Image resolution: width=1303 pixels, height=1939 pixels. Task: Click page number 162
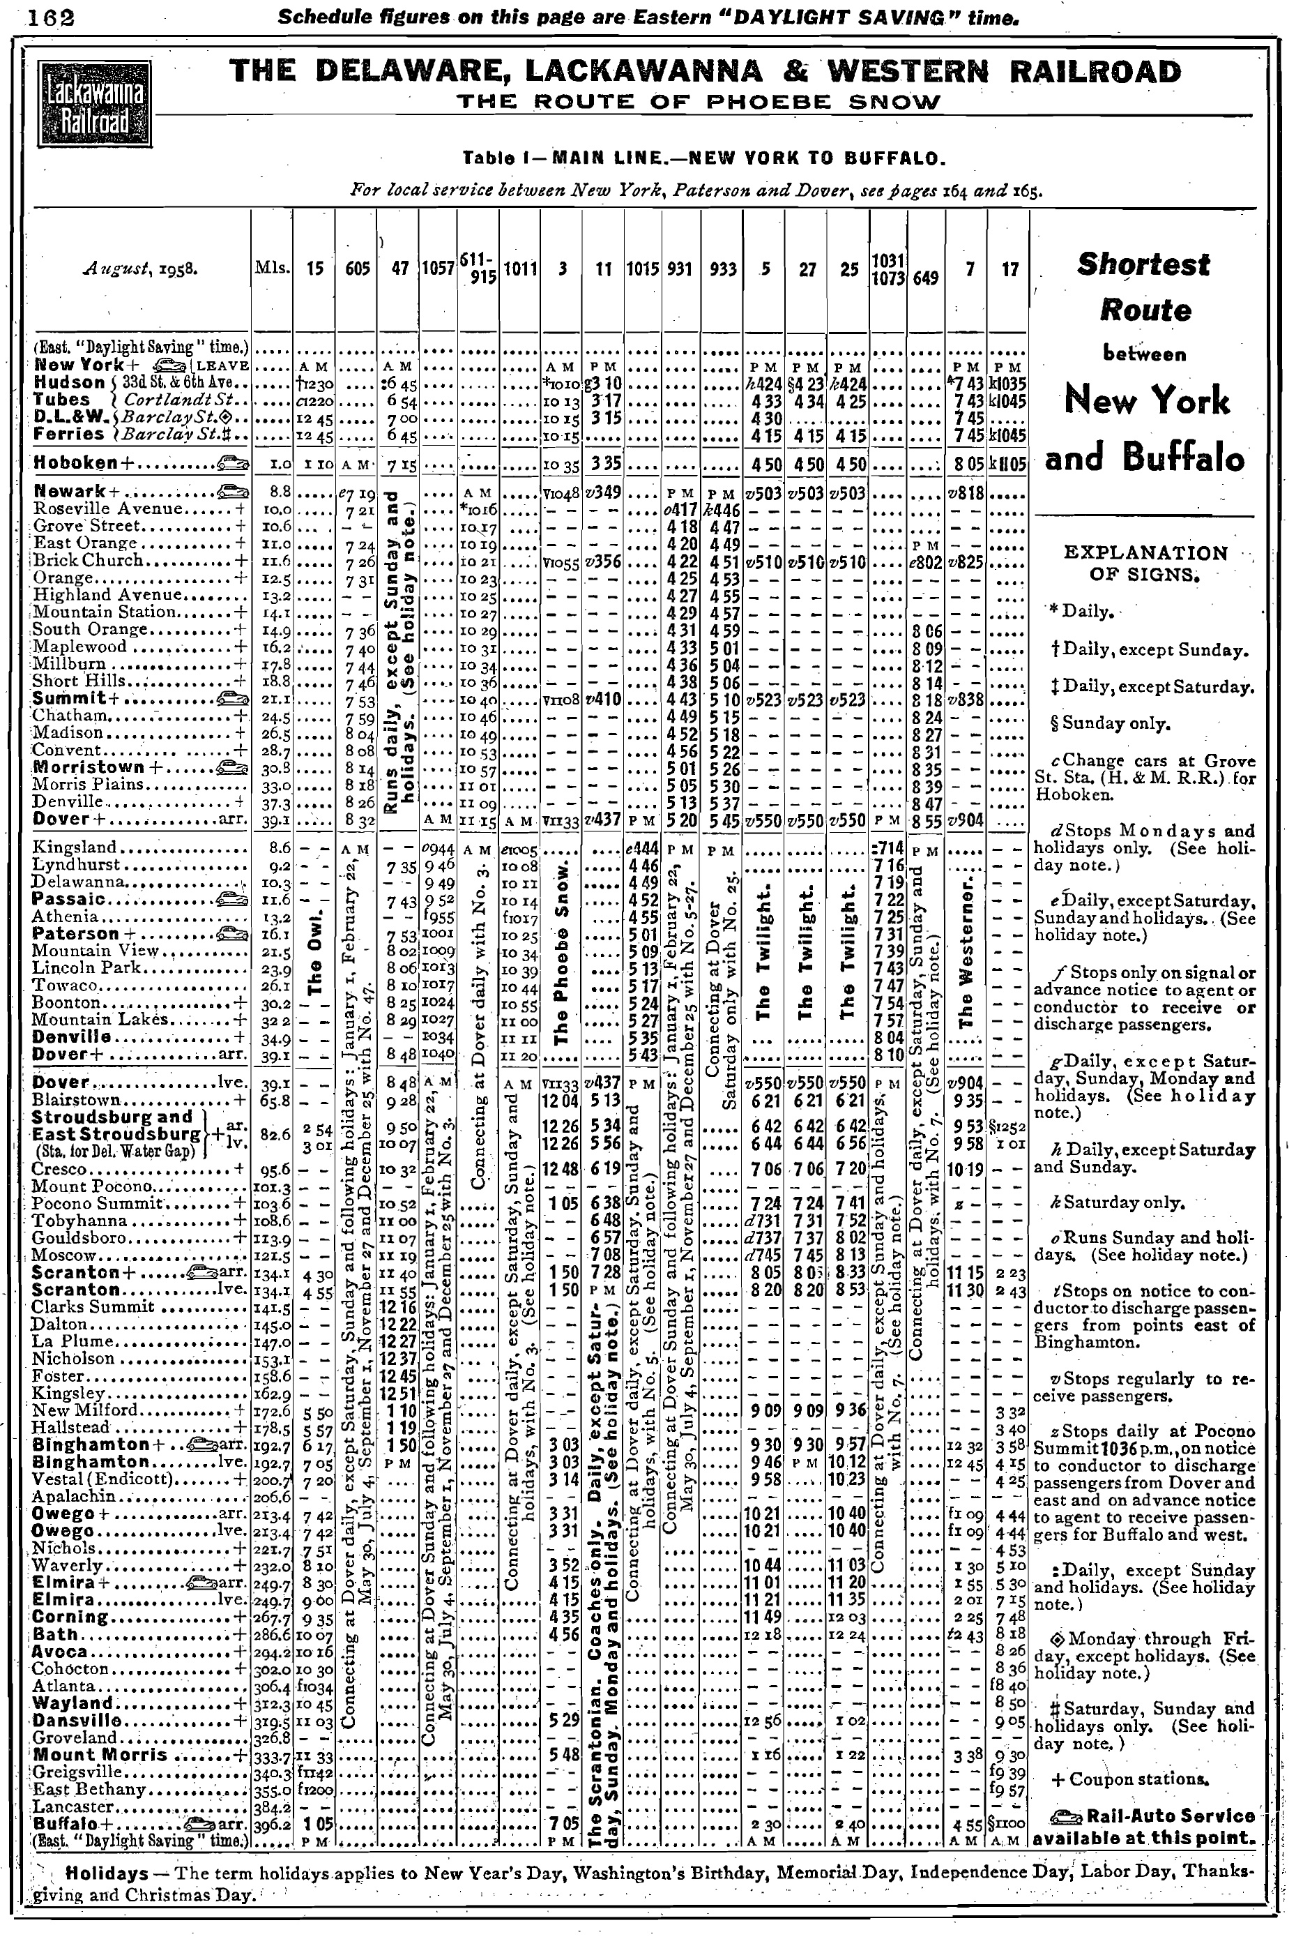pyautogui.click(x=52, y=17)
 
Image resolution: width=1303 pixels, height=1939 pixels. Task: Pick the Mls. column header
pyautogui.click(x=271, y=269)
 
